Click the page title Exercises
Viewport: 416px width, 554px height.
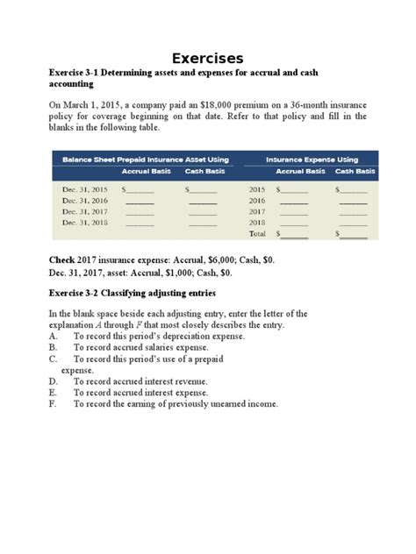[x=207, y=58]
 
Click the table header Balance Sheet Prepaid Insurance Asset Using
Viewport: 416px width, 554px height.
[x=146, y=160]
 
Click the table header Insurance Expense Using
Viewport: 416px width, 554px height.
[x=312, y=160]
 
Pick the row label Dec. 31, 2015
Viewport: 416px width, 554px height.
[x=85, y=188]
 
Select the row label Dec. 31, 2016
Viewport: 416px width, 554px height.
[x=85, y=200]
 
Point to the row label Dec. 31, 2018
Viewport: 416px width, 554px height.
[x=85, y=223]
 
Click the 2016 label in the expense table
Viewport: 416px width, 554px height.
[x=257, y=200]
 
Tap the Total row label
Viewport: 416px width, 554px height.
[x=257, y=234]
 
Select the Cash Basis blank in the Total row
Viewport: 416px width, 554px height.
[x=355, y=235]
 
